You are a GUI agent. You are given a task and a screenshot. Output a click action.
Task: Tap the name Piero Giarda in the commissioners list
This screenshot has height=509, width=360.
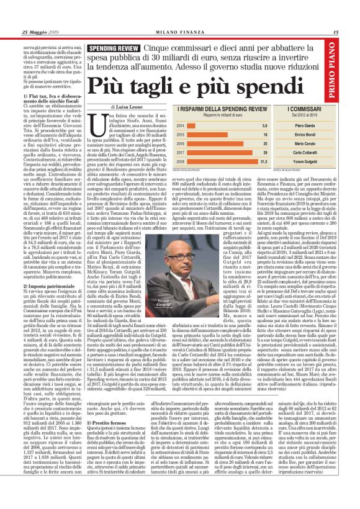[x=315, y=125]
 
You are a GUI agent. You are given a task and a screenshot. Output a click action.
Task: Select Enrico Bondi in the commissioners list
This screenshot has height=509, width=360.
[x=315, y=133]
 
